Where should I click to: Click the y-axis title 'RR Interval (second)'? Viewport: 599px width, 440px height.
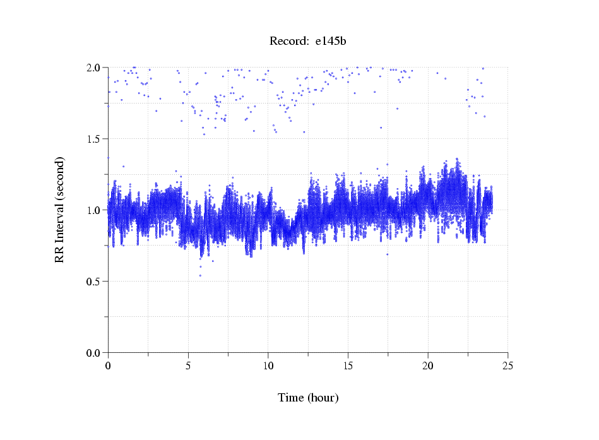[59, 210]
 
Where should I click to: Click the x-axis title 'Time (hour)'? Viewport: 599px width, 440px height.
[308, 398]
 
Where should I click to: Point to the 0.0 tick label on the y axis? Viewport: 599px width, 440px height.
[94, 353]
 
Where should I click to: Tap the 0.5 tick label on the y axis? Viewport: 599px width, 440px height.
[94, 282]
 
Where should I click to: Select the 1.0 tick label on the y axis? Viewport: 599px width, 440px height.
[94, 210]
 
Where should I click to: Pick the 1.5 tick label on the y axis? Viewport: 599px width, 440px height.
[94, 139]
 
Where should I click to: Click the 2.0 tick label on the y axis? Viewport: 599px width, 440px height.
[94, 68]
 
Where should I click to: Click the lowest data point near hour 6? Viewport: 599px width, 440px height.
[201, 275]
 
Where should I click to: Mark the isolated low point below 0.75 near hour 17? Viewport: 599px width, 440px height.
[387, 254]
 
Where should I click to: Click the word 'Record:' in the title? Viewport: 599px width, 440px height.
[288, 42]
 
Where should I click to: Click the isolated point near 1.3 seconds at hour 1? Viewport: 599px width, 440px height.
[123, 166]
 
